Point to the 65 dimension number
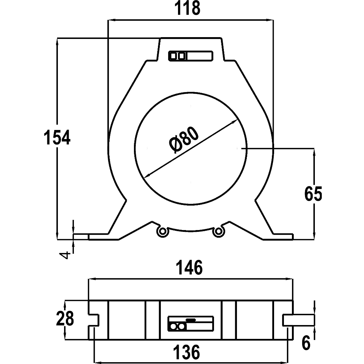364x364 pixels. point(313,194)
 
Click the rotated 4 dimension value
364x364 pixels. point(66,254)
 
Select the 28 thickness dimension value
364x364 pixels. point(65,319)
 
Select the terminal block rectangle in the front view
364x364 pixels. point(190,56)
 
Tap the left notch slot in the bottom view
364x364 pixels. point(94,320)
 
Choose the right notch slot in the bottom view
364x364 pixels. point(288,320)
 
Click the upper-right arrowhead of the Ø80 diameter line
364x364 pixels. point(235,122)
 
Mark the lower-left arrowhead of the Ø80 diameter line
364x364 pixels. point(147,175)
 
